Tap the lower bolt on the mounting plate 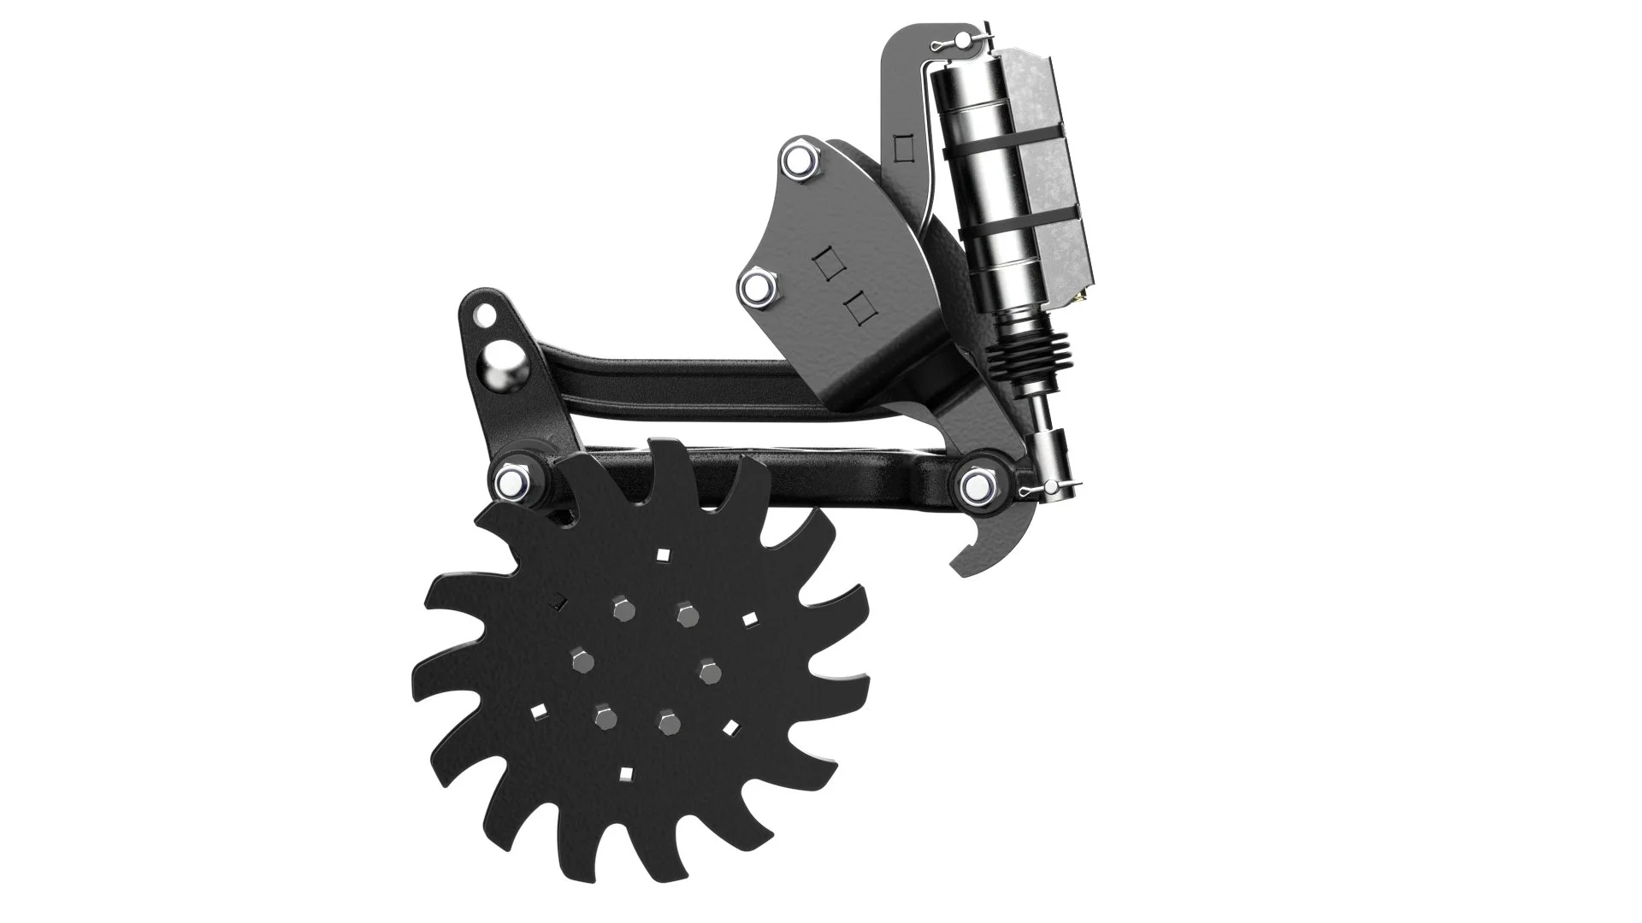pos(758,289)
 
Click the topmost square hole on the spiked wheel pos(662,555)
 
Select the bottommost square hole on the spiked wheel pos(625,775)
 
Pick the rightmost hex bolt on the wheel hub pos(707,671)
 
